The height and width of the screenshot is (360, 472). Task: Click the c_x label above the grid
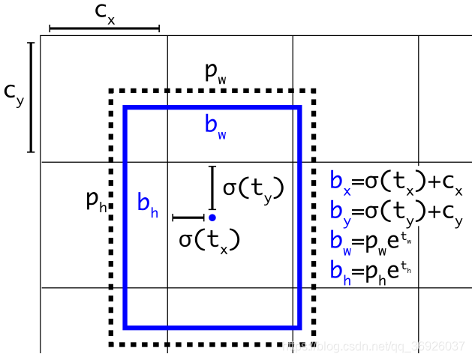(x=104, y=13)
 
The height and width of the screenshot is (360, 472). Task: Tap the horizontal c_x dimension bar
(x=104, y=28)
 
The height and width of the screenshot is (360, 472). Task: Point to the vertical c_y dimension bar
(x=31, y=97)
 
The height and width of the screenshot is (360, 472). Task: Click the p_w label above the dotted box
(x=216, y=73)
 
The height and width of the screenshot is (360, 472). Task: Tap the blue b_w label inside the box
(x=215, y=125)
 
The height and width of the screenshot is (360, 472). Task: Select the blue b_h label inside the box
(x=147, y=203)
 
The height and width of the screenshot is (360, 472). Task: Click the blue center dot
(x=212, y=217)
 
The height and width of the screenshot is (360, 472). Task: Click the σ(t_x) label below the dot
(x=209, y=240)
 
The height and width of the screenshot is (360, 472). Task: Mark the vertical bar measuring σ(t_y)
(x=212, y=187)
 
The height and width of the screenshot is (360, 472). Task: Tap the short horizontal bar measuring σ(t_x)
(x=188, y=217)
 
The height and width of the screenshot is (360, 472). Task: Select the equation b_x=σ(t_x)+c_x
(x=396, y=182)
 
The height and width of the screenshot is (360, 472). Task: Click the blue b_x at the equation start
(x=339, y=182)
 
